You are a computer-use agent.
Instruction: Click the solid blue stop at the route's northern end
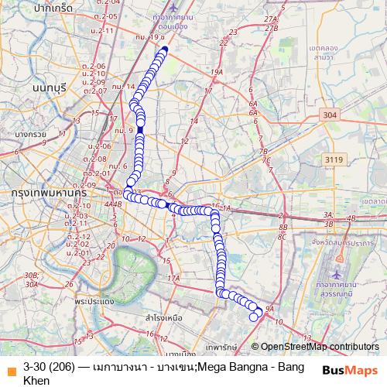click(163, 51)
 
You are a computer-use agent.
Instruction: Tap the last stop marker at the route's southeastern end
click(253, 317)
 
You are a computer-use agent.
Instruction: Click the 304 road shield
click(329, 114)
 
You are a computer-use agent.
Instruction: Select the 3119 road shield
click(334, 159)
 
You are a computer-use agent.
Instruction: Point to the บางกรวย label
click(31, 134)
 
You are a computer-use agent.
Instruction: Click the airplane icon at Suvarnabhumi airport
click(338, 274)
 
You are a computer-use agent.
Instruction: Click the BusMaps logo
click(350, 370)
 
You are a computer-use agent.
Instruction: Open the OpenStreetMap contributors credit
click(319, 347)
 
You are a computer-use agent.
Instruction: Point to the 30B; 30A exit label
click(32, 279)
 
